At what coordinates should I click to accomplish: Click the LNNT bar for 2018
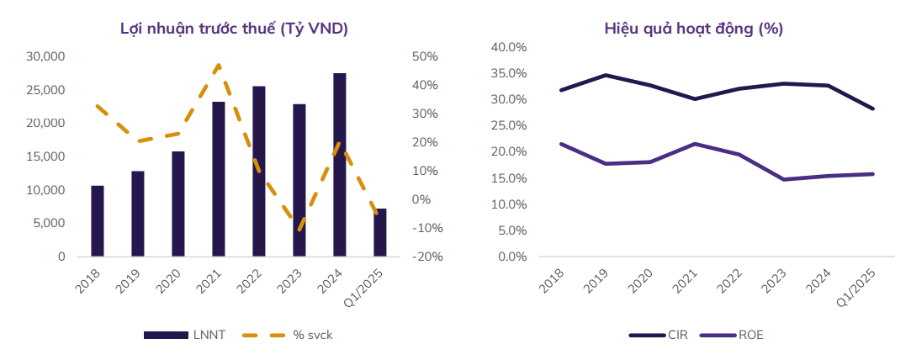(98, 220)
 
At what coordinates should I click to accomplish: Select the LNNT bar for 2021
(219, 178)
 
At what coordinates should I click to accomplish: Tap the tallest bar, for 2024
(340, 165)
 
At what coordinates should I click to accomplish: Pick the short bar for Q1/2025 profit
(380, 232)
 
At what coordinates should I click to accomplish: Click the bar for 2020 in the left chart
(178, 204)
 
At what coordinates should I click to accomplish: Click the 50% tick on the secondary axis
(425, 56)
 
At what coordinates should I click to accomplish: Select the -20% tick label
(423, 257)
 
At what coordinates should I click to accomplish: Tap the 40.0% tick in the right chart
(509, 47)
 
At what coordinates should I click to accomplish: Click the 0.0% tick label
(512, 257)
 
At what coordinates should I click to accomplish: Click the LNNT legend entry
(183, 335)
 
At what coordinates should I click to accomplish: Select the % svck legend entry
(286, 335)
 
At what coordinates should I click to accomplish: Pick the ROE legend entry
(734, 335)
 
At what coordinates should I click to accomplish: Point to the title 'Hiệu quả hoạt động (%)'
(693, 29)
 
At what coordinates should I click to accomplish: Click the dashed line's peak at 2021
(219, 65)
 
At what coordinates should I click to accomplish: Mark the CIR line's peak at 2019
(606, 75)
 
